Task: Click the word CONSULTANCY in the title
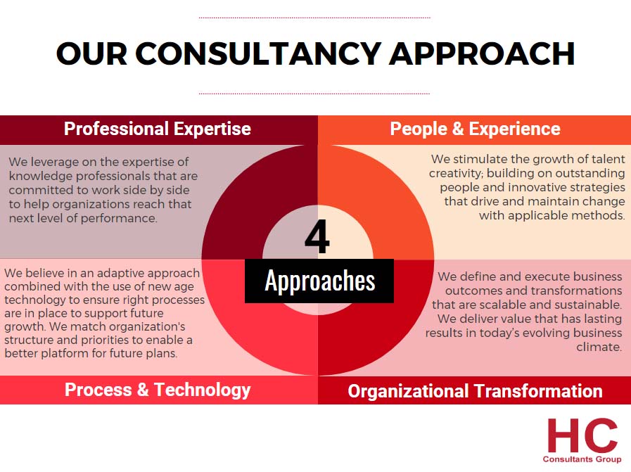click(258, 53)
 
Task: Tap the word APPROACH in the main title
click(482, 53)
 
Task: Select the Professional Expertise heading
click(158, 129)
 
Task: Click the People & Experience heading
click(475, 129)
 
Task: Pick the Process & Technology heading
click(158, 390)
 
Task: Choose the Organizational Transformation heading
click(475, 390)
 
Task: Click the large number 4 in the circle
click(317, 237)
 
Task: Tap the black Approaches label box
click(319, 281)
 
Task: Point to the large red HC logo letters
click(582, 436)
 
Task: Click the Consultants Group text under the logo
click(582, 459)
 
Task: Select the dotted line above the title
click(314, 18)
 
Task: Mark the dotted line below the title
click(314, 94)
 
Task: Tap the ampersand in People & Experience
click(458, 129)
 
